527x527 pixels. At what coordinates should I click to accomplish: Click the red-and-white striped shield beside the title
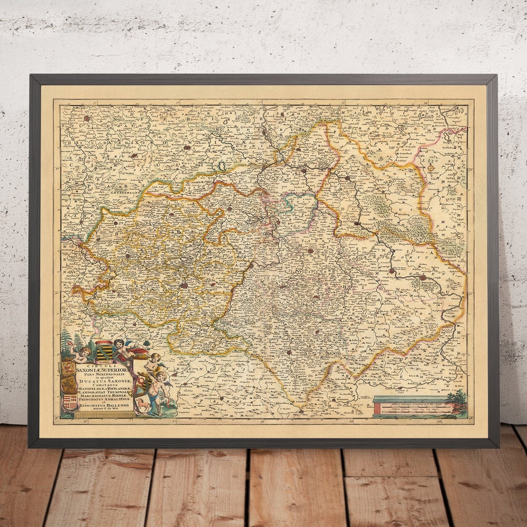[x=70, y=402]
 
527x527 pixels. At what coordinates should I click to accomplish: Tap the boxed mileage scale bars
[x=412, y=406]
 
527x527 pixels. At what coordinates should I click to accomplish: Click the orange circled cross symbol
[x=431, y=168]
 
